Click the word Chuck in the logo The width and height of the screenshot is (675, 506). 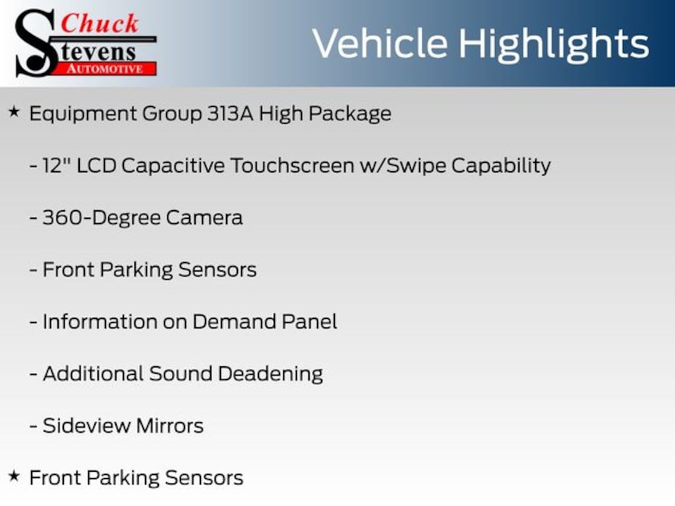[100, 23]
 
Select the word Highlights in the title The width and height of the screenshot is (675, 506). [554, 44]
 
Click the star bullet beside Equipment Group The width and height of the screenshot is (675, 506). [14, 112]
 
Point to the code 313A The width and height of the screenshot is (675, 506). [230, 113]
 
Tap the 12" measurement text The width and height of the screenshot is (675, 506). [57, 165]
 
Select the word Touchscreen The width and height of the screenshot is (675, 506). [292, 165]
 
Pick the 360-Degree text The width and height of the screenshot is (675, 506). [101, 218]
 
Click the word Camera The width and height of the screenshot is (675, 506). [204, 217]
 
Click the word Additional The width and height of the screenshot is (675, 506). [93, 374]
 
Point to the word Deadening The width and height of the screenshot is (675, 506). [270, 374]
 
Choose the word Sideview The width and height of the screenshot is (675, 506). [86, 426]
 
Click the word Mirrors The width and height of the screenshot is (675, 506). [170, 426]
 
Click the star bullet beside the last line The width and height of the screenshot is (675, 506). [14, 476]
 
